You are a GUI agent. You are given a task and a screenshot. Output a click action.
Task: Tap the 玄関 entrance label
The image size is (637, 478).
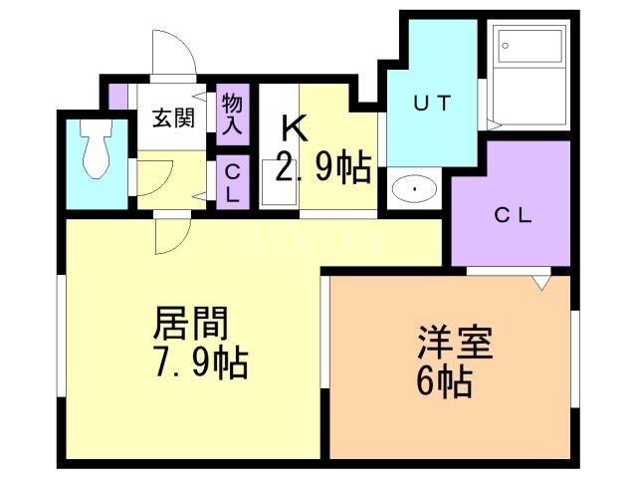pos(172,117)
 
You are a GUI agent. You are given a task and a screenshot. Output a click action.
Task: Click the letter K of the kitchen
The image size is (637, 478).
pos(293,127)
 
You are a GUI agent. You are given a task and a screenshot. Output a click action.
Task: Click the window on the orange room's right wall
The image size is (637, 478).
pos(574,358)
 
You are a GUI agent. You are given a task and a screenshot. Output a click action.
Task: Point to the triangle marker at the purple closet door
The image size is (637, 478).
pos(539,283)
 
